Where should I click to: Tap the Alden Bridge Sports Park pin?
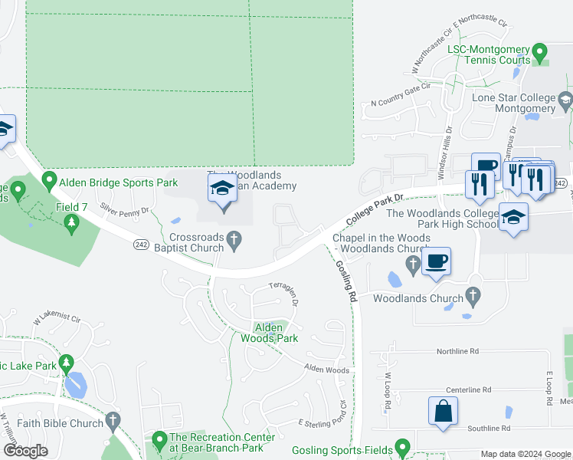click(50, 181)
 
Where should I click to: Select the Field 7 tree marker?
click(72, 223)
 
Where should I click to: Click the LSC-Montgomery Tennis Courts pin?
click(540, 54)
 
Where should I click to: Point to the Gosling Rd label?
click(347, 281)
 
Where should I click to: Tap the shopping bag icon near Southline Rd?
click(443, 410)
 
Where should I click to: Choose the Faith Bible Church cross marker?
click(113, 420)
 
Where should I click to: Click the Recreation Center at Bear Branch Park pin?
click(159, 441)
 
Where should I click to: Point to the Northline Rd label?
click(457, 351)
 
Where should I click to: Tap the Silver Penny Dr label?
click(123, 211)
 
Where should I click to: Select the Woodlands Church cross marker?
click(473, 294)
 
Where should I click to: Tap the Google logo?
click(25, 451)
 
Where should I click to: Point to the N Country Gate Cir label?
click(401, 103)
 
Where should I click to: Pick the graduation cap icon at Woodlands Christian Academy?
click(223, 189)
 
